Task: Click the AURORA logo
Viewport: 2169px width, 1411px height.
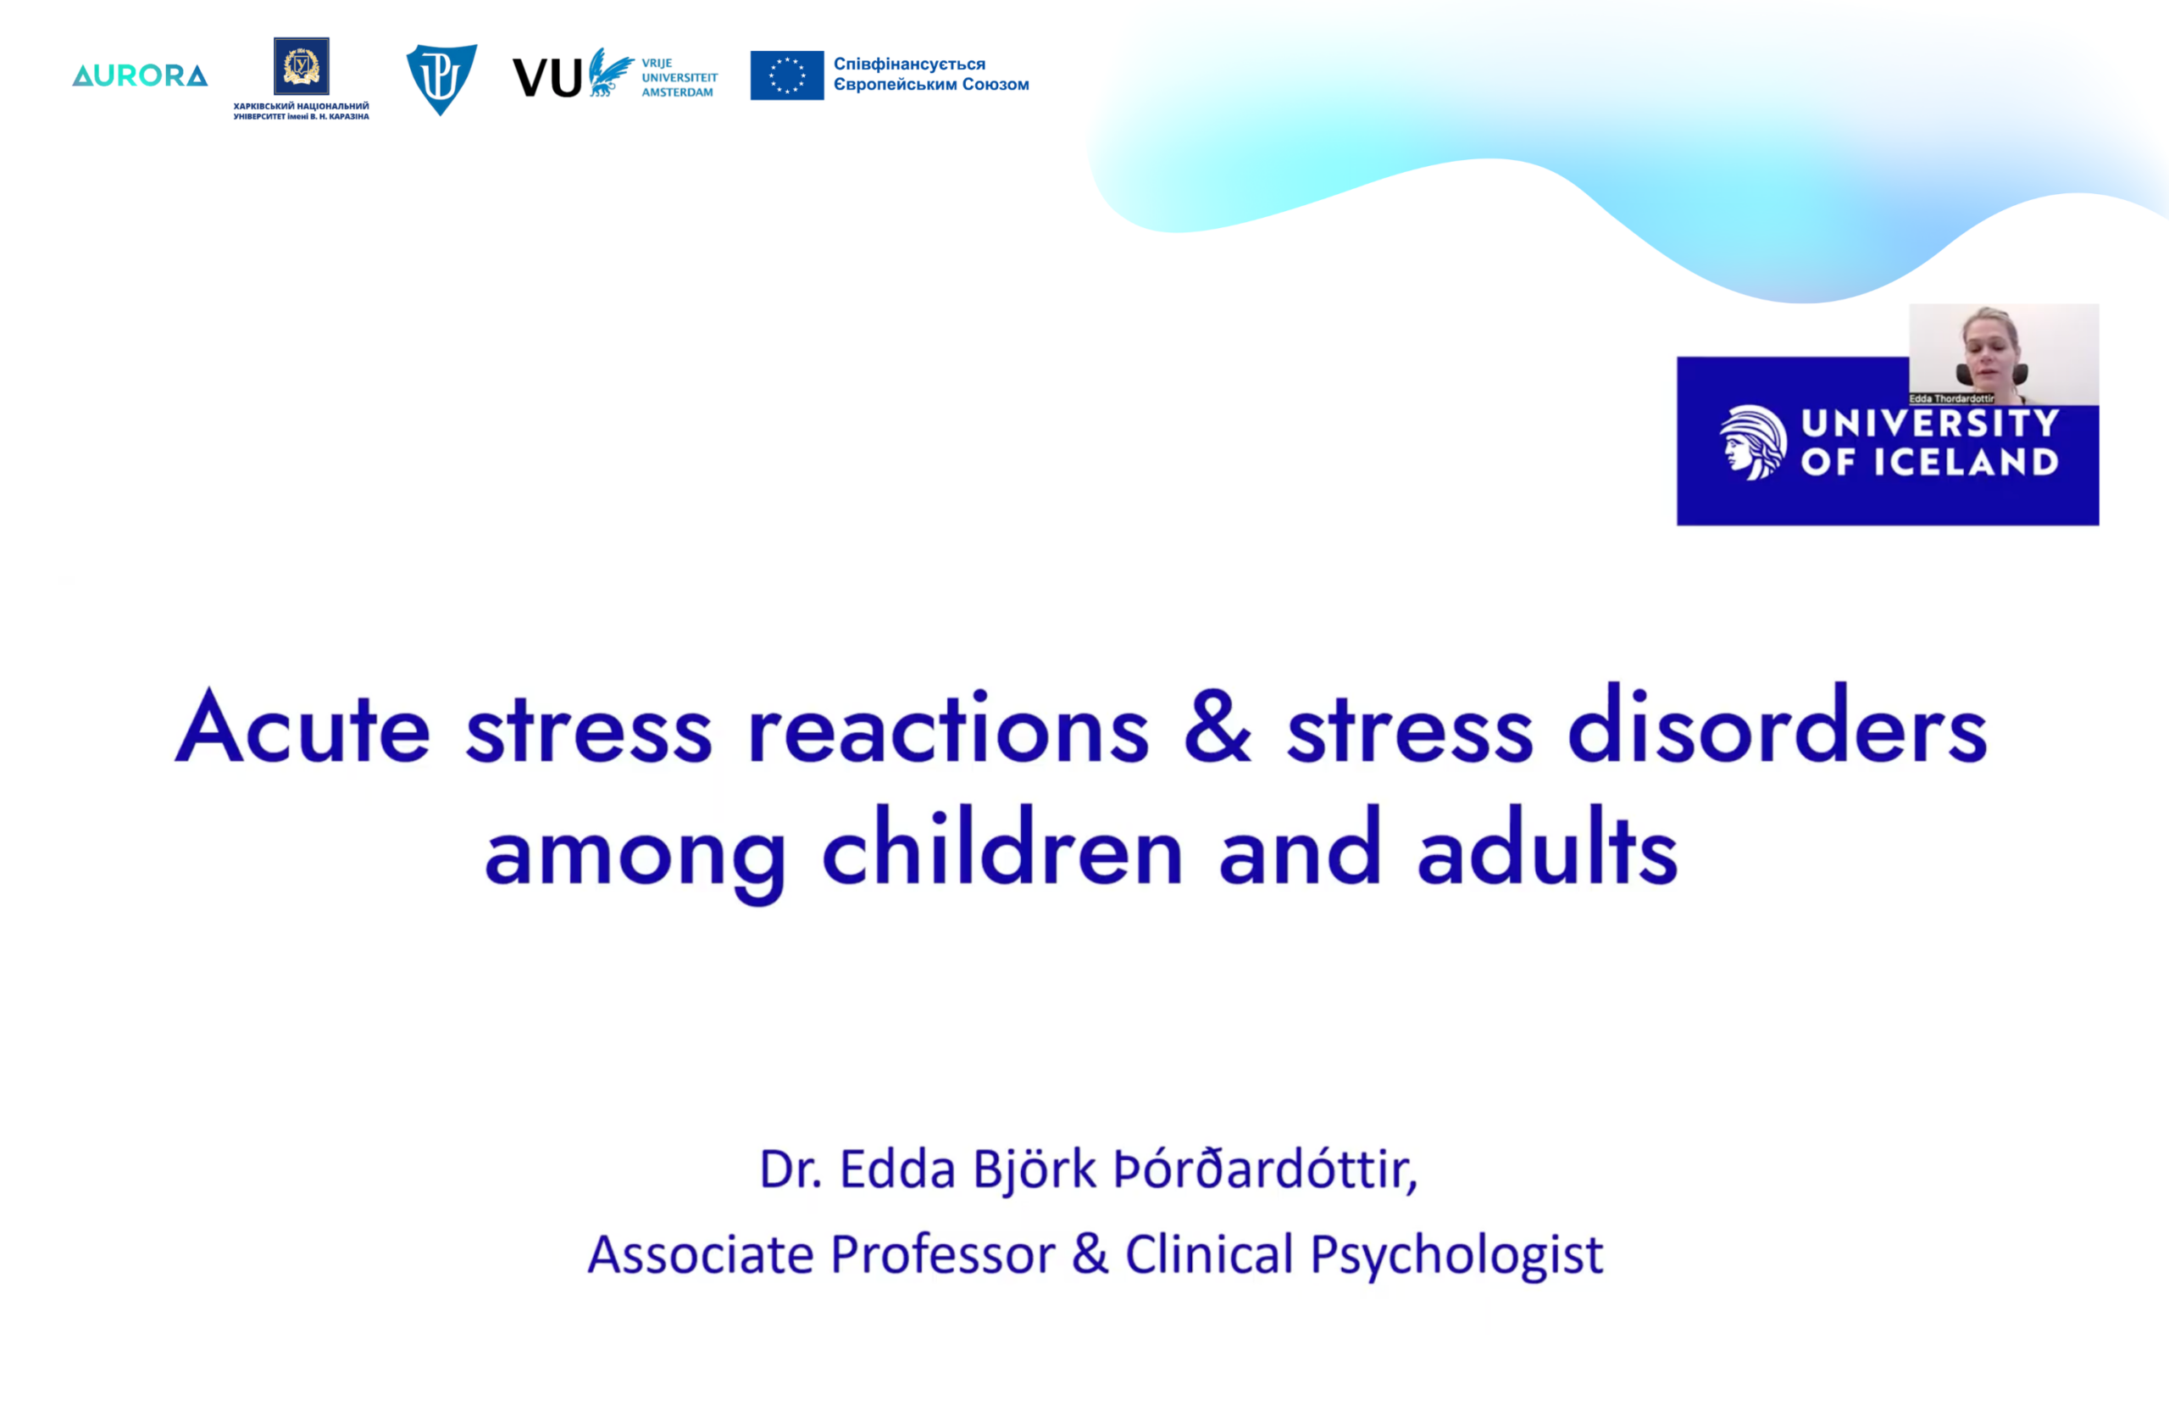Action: (140, 75)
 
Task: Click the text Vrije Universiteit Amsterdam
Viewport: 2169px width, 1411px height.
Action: (679, 77)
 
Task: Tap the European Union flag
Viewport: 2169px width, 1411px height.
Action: (787, 75)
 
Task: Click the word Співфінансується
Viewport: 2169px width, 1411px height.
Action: (909, 64)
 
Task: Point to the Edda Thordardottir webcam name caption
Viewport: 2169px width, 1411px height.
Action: (1951, 399)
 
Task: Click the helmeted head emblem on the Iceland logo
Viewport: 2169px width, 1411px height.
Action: (1752, 442)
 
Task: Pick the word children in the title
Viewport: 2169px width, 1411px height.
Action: (1002, 845)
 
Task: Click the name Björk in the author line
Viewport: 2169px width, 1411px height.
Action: (1035, 1171)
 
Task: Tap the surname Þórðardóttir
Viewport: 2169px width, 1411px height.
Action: (1266, 1169)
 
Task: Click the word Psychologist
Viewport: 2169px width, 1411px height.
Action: (1456, 1256)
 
